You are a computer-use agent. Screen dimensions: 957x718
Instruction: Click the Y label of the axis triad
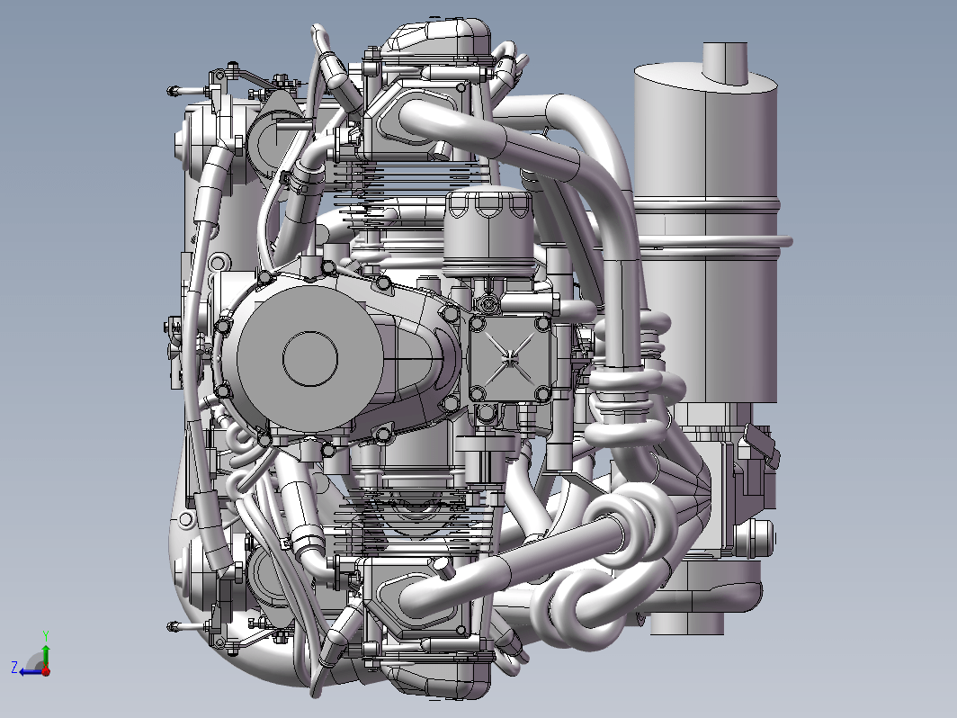click(x=46, y=636)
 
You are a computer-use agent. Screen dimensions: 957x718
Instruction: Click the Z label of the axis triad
click(x=15, y=667)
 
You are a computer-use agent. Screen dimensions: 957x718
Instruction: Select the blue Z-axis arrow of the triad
click(x=31, y=671)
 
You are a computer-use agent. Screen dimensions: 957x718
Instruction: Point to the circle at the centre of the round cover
click(x=310, y=359)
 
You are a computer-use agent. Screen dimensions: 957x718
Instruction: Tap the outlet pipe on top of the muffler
click(x=725, y=63)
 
